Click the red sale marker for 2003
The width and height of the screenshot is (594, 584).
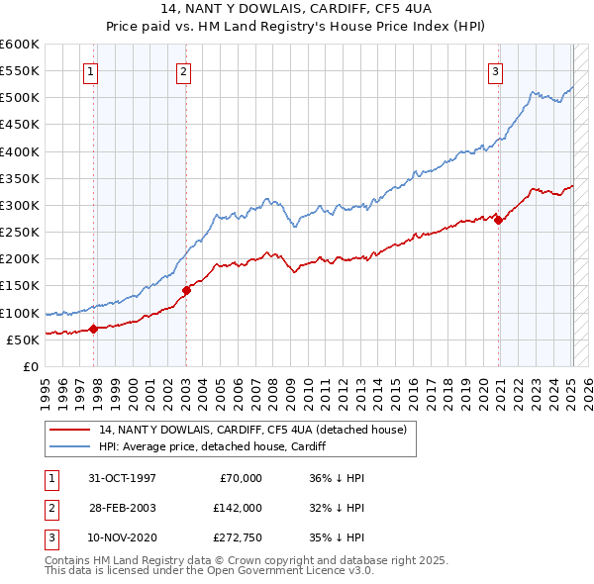pyautogui.click(x=186, y=290)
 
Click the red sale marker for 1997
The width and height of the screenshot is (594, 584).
pyautogui.click(x=93, y=329)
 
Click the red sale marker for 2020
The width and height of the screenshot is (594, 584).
pyautogui.click(x=498, y=221)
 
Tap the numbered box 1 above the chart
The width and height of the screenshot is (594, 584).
pyautogui.click(x=91, y=70)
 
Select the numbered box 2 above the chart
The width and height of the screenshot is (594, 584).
pyautogui.click(x=184, y=70)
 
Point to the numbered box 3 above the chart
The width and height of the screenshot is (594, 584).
pyautogui.click(x=494, y=70)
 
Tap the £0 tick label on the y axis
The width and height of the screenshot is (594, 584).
pyautogui.click(x=30, y=366)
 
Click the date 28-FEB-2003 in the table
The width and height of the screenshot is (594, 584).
pyautogui.click(x=123, y=507)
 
